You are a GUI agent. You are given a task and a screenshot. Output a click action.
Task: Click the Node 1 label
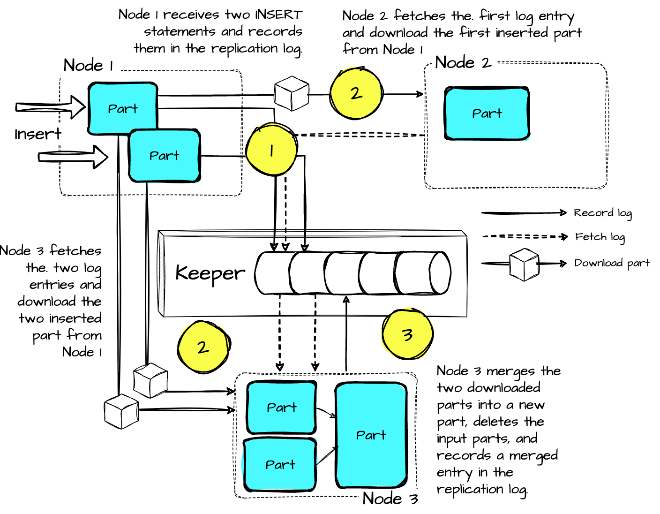pyautogui.click(x=88, y=65)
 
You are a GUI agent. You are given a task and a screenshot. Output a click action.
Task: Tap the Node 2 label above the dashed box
pyautogui.click(x=463, y=62)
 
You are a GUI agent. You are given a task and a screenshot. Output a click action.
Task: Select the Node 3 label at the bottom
pyautogui.click(x=390, y=498)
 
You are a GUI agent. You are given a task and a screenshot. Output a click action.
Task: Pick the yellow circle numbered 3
pyautogui.click(x=407, y=334)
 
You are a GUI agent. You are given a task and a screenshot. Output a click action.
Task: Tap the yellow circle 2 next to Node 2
pyautogui.click(x=356, y=93)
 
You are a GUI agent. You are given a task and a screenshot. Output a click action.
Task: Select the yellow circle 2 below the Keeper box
pyautogui.click(x=203, y=347)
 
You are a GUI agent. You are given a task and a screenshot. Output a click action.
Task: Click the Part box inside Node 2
pyautogui.click(x=487, y=113)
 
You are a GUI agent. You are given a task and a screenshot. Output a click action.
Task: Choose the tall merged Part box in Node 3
pyautogui.click(x=371, y=435)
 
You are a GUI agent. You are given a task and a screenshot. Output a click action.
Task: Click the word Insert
pyautogui.click(x=37, y=134)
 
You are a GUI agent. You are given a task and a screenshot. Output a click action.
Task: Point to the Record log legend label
pyautogui.click(x=602, y=213)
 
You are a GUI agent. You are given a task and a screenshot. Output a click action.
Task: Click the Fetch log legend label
pyautogui.click(x=600, y=237)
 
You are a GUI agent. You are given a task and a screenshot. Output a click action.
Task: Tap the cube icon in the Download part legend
pyautogui.click(x=524, y=265)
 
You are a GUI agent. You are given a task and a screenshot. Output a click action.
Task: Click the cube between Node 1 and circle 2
pyautogui.click(x=292, y=93)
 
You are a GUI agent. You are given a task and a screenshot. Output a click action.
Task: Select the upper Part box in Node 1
pyautogui.click(x=122, y=109)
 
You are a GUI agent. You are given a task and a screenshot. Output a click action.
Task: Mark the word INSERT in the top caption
pyautogui.click(x=278, y=15)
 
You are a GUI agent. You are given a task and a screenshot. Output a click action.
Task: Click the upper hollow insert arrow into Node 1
pyautogui.click(x=50, y=107)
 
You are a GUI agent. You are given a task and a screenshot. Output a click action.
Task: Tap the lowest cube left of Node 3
pyautogui.click(x=121, y=411)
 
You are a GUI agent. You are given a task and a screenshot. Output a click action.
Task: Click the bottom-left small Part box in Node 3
pyautogui.click(x=280, y=465)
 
